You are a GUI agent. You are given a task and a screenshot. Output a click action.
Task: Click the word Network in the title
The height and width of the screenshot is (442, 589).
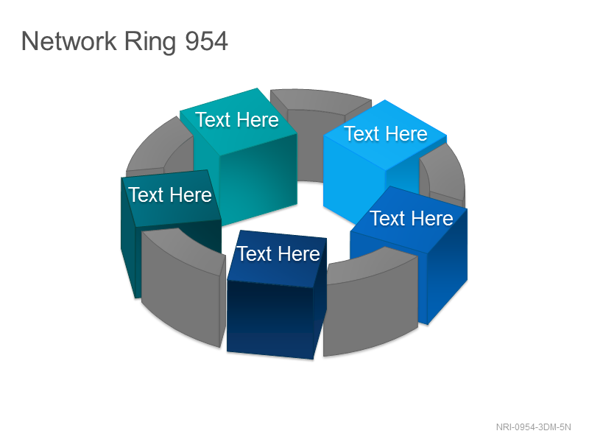tap(69, 41)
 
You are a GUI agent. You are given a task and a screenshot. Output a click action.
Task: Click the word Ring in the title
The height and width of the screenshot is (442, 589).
tap(150, 42)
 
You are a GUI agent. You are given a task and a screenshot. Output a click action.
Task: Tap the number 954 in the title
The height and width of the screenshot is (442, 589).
tap(207, 41)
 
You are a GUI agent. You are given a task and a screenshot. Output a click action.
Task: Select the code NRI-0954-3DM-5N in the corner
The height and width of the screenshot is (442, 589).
tap(533, 427)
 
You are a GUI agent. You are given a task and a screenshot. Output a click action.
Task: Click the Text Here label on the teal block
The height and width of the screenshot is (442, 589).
tap(237, 119)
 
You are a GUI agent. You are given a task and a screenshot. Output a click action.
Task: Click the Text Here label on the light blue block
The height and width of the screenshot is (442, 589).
tap(386, 133)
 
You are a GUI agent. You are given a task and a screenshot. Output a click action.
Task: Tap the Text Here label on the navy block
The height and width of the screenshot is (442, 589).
tap(278, 253)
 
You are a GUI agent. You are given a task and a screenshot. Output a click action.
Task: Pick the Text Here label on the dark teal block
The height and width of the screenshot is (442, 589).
tap(170, 194)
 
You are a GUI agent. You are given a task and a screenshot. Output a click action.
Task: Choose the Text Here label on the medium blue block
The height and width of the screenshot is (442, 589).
tap(412, 218)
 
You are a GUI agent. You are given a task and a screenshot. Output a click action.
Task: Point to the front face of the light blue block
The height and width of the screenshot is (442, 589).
tap(353, 180)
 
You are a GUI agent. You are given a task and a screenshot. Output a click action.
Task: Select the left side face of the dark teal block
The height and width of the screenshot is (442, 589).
tap(128, 236)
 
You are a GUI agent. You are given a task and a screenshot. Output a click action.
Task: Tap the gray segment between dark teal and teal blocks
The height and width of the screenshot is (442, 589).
tap(160, 150)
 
